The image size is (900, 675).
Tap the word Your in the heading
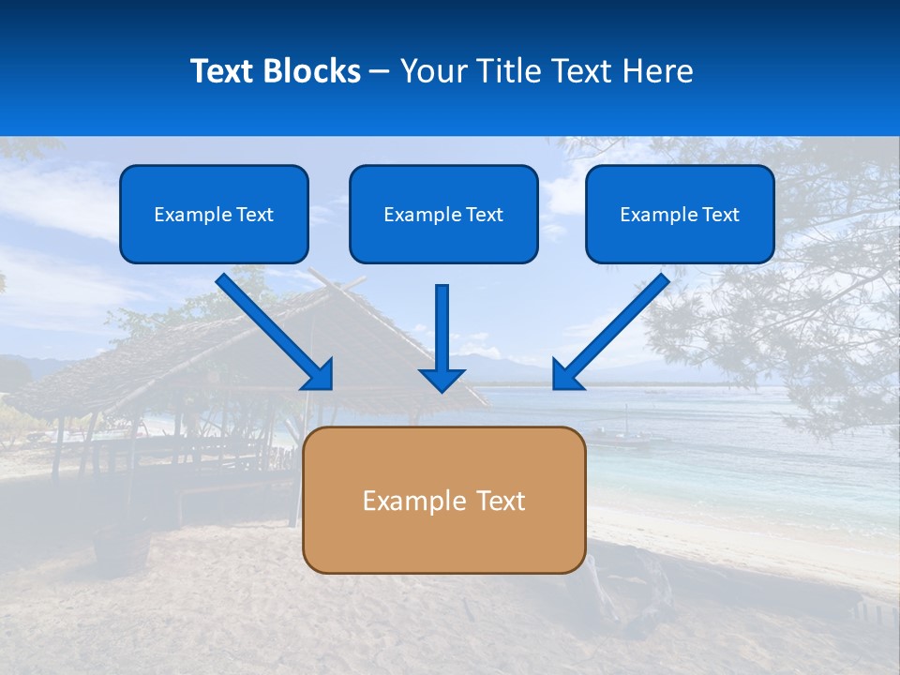(x=433, y=71)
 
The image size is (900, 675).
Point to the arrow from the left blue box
(x=272, y=329)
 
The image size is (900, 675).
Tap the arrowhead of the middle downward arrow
(x=442, y=379)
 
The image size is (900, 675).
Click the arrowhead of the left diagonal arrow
(x=320, y=375)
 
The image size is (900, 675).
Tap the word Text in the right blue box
(x=720, y=215)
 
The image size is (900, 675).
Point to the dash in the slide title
(x=380, y=72)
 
